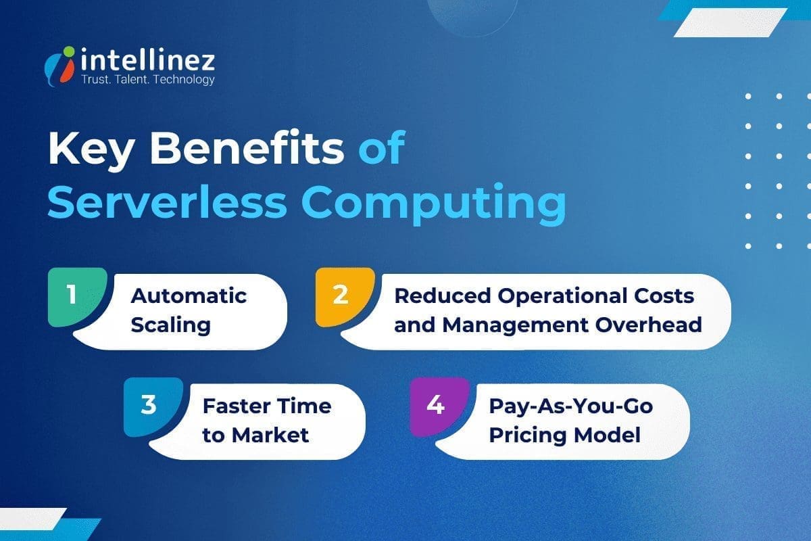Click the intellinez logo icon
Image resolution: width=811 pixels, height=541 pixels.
61,66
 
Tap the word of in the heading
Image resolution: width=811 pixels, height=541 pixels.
381,149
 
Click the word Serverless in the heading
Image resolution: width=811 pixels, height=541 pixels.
153,202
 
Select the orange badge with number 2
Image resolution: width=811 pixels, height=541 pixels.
341,296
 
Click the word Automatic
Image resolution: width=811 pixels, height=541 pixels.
189,296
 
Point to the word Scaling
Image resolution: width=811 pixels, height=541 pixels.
170,325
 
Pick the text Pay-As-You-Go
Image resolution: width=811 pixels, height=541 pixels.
571,406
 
